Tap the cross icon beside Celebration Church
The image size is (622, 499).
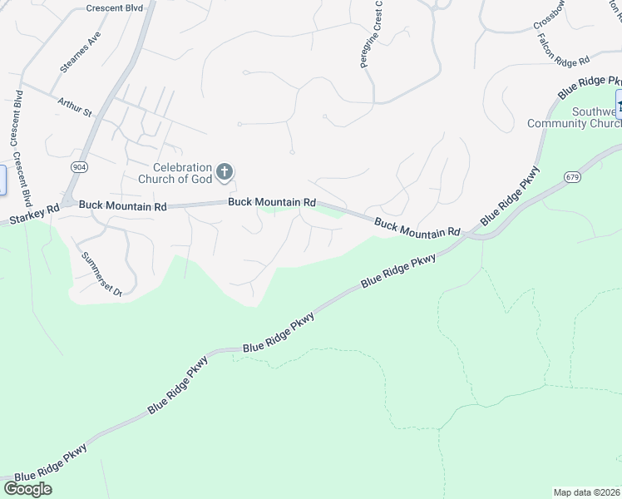[x=224, y=172]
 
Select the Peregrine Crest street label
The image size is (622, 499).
[x=371, y=35]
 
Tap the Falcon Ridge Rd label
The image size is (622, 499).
[x=563, y=50]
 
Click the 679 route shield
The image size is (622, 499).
[x=571, y=177]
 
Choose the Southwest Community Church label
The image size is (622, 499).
[x=575, y=118]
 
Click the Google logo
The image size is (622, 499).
[x=27, y=489]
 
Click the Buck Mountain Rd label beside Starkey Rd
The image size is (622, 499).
[x=123, y=205]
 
